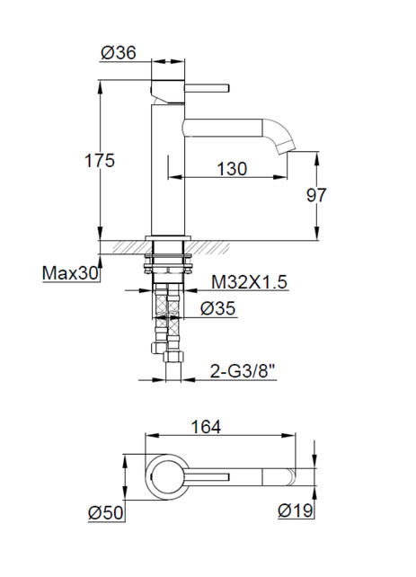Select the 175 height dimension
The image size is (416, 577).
click(x=100, y=161)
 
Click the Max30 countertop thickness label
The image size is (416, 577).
click(x=71, y=273)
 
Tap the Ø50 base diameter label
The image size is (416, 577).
click(x=106, y=512)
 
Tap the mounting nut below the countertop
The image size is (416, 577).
click(x=169, y=264)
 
